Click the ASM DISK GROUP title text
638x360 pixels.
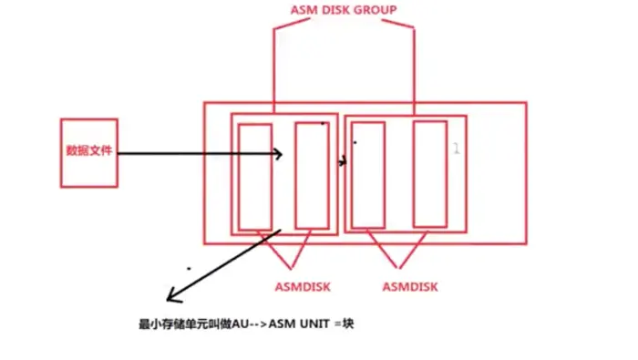click(x=343, y=10)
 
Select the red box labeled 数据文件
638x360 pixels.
click(x=88, y=152)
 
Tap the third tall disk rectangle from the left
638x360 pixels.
click(x=368, y=174)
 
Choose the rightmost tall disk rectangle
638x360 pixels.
click(x=428, y=173)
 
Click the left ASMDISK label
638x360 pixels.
click(x=302, y=286)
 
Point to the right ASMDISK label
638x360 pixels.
click(x=410, y=286)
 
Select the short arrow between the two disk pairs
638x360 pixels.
click(x=343, y=162)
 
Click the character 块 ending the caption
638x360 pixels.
click(x=347, y=324)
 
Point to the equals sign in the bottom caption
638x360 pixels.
click(x=334, y=324)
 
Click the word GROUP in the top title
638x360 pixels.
click(x=376, y=10)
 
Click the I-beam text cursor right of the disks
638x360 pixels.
click(x=457, y=148)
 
